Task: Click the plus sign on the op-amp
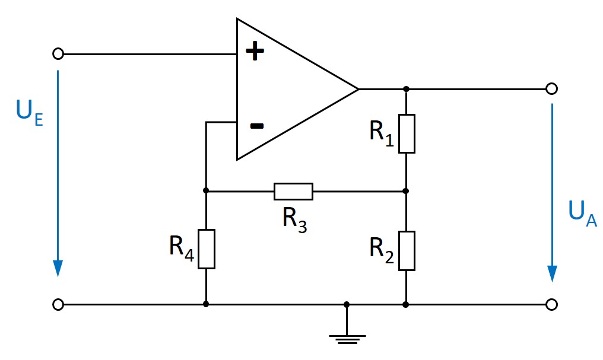255,52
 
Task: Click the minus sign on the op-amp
256,126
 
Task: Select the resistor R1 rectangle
406,133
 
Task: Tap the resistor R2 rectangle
406,251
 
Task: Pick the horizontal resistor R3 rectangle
293,192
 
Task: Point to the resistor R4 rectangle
206,249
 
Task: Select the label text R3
294,220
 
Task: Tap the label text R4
181,247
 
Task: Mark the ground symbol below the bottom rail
347,339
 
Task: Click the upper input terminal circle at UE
58,54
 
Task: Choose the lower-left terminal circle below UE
58,304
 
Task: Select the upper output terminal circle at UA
551,89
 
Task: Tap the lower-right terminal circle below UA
551,304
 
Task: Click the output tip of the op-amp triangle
358,89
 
